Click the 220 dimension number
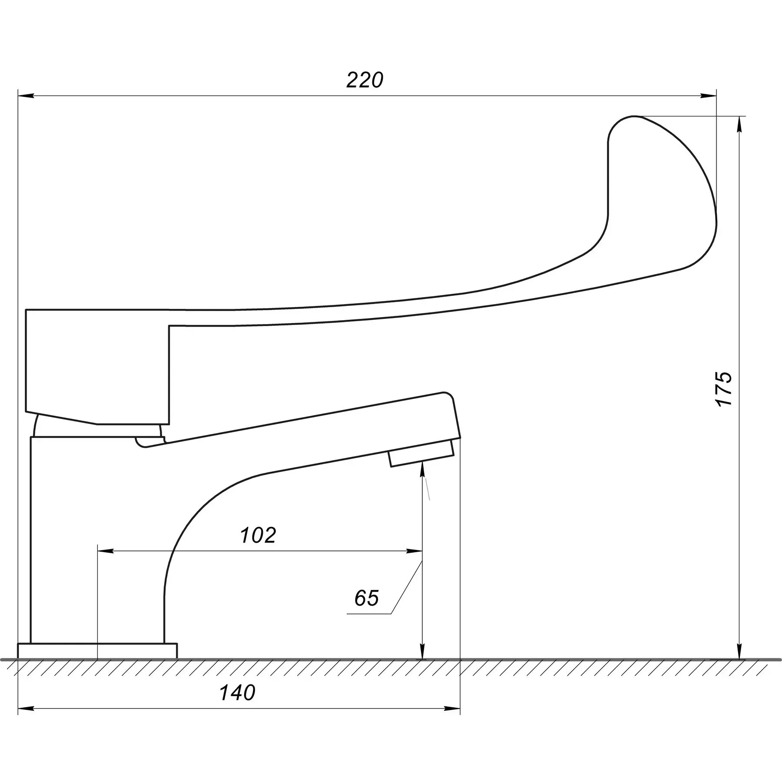coord(365,80)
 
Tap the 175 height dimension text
coord(724,389)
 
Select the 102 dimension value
coord(258,536)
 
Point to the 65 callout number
coord(366,598)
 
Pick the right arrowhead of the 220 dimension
coord(708,96)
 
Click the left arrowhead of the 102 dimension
coord(106,551)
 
